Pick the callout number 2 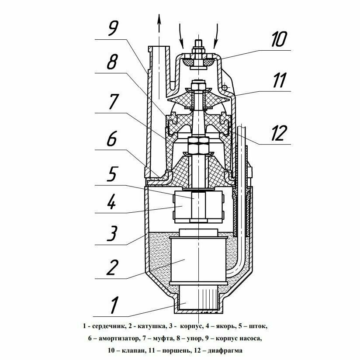(x=112, y=267)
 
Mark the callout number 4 (x=112, y=203)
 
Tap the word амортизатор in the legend (x=117, y=338)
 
